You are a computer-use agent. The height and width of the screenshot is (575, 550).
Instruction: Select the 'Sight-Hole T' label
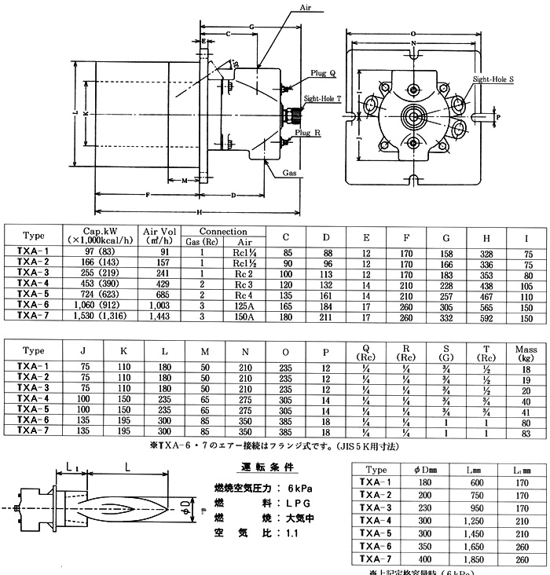[324, 100]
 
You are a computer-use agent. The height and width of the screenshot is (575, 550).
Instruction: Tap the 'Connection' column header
[223, 232]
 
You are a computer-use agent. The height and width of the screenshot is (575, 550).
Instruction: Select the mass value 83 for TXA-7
[525, 432]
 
